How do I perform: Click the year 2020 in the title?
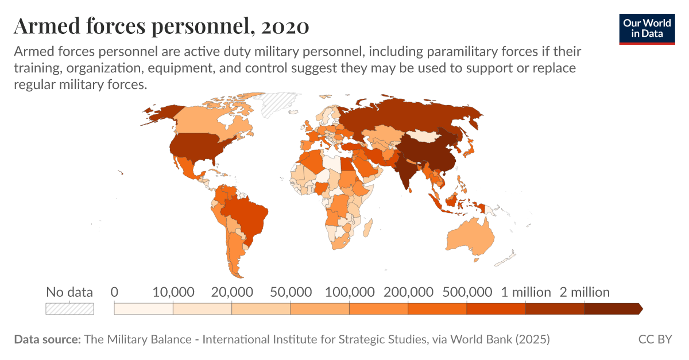pyautogui.click(x=285, y=26)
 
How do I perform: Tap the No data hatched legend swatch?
pyautogui.click(x=69, y=308)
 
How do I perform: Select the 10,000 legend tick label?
pyautogui.click(x=173, y=292)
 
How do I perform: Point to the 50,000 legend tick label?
pyautogui.click(x=291, y=292)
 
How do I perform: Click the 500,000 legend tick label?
pyautogui.click(x=467, y=292)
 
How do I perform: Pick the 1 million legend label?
pyautogui.click(x=525, y=292)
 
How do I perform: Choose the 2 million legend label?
pyautogui.click(x=585, y=292)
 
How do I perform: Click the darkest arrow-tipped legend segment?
pyautogui.click(x=612, y=308)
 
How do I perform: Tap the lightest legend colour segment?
pyautogui.click(x=144, y=308)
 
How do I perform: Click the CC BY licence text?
pyautogui.click(x=655, y=339)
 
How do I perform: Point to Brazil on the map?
pyautogui.click(x=247, y=212)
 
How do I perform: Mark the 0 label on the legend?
pyautogui.click(x=114, y=292)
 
